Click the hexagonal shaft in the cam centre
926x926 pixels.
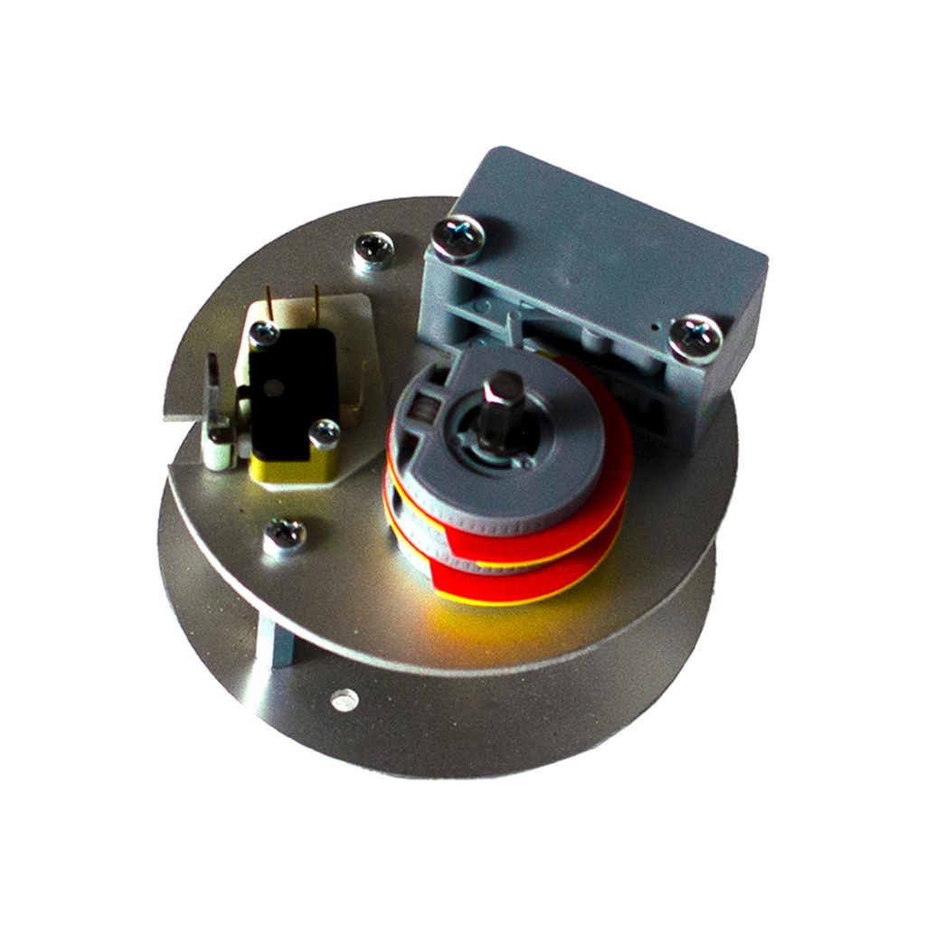point(500,411)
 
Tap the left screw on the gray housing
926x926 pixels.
point(458,238)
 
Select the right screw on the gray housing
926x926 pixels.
point(695,337)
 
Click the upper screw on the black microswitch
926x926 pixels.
point(263,334)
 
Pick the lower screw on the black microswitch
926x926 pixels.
point(324,433)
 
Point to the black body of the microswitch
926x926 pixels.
point(294,389)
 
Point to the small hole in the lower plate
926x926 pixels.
point(342,698)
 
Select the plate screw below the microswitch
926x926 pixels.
point(285,535)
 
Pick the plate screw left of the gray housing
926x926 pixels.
point(373,250)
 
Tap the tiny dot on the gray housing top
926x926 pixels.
point(653,322)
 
